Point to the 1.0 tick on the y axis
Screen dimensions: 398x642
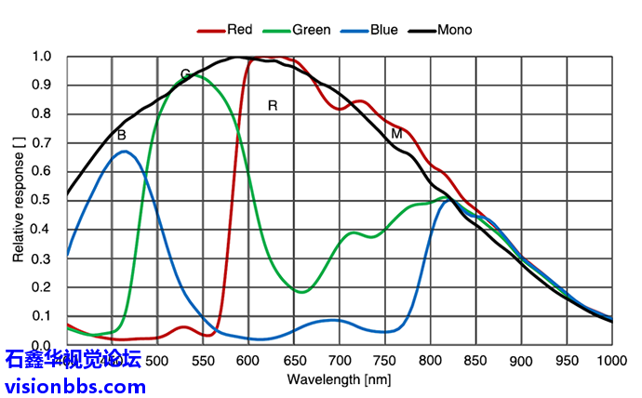click(42, 57)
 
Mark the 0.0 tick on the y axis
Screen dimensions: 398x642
click(42, 345)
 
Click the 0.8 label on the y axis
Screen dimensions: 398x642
click(42, 114)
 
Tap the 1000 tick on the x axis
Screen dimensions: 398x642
click(610, 361)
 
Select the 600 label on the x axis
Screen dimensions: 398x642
click(247, 361)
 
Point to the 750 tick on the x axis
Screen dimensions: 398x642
click(384, 361)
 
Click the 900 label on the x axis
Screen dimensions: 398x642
click(520, 361)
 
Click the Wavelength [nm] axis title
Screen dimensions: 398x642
click(339, 379)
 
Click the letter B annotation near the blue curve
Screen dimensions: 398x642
click(121, 136)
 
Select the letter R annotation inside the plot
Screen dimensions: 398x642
click(273, 105)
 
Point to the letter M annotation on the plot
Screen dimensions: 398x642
click(396, 134)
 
